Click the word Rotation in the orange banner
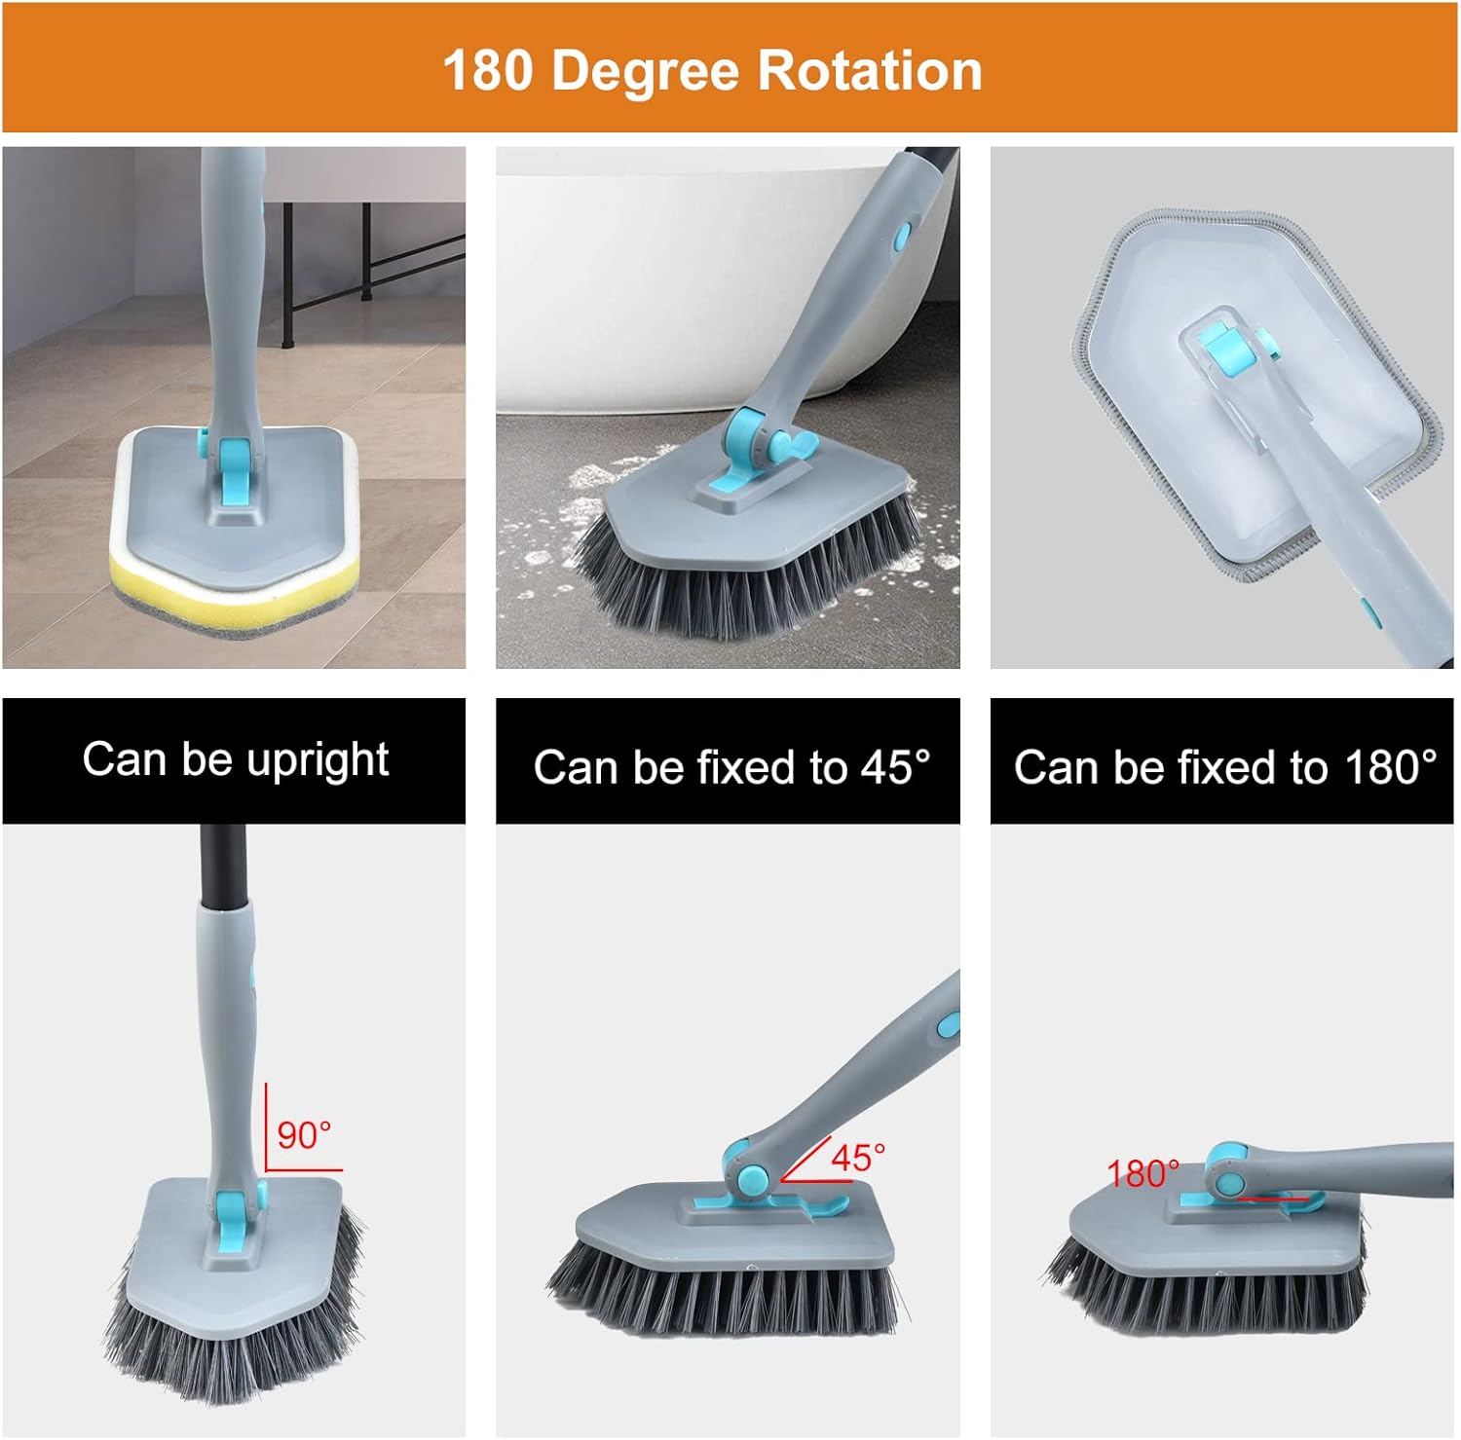[x=869, y=71]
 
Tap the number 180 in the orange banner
[x=487, y=71]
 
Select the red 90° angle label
[x=304, y=1135]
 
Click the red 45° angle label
[x=857, y=1158]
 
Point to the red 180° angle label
[x=1143, y=1173]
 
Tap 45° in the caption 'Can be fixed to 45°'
[x=895, y=767]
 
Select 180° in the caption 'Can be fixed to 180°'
[x=1390, y=767]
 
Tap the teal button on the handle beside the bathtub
[x=902, y=235]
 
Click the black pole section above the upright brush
[x=215, y=863]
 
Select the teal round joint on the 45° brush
[x=751, y=1179]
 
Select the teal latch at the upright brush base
[x=230, y=1226]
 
